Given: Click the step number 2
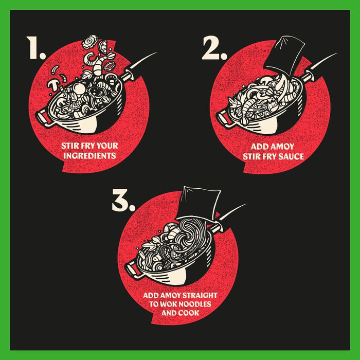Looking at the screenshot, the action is click(214, 48).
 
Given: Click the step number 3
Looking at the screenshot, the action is click(123, 200).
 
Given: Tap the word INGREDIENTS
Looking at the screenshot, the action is click(89, 156).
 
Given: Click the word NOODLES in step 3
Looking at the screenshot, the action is click(195, 304).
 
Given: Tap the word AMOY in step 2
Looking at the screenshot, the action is click(283, 147).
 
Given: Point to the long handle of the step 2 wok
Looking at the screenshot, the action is click(319, 66).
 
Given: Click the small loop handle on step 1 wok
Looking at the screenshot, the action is click(43, 118).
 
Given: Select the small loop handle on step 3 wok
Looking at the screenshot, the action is click(132, 270).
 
